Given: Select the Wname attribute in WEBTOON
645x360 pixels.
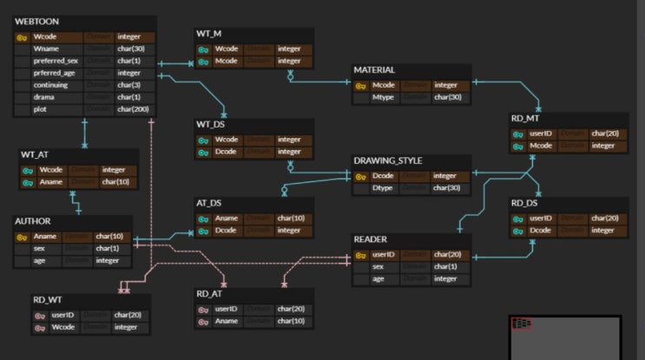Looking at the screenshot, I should click(x=46, y=49).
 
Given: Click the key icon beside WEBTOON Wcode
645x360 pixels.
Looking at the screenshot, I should click(x=23, y=37).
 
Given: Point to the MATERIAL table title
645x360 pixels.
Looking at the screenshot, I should click(x=374, y=69).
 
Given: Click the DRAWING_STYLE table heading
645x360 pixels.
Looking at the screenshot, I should click(x=387, y=160).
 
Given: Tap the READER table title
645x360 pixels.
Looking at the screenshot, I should click(x=370, y=239).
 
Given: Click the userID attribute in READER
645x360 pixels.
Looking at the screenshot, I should click(x=384, y=255).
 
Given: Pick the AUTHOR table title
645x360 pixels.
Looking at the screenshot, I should click(x=32, y=221).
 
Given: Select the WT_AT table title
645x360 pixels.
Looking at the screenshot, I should click(x=35, y=154).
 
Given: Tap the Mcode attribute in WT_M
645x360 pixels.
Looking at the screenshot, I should click(x=227, y=62).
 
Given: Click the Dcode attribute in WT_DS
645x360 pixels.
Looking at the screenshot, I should click(x=227, y=152).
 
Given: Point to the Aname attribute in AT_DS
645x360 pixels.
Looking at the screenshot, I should click(x=227, y=219).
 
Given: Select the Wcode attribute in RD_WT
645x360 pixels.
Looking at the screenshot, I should click(x=63, y=327).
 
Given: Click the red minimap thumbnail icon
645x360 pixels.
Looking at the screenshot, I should click(x=522, y=324).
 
